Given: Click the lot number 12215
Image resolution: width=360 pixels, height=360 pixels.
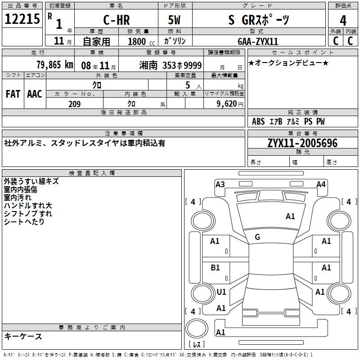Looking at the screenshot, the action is point(22,19).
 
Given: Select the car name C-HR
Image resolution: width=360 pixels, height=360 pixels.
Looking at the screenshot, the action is point(117,20).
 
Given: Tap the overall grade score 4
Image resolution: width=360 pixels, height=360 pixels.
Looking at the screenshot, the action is point(343,21).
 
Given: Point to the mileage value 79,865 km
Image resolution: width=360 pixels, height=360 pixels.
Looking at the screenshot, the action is point(55,65).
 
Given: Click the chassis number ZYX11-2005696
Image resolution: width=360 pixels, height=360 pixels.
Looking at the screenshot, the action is point(302,143).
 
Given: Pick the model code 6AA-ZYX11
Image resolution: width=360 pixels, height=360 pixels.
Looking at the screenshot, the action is point(258,41).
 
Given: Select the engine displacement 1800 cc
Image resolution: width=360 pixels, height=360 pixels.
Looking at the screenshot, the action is point(141,41).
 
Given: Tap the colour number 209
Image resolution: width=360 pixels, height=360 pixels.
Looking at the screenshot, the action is point(74,104).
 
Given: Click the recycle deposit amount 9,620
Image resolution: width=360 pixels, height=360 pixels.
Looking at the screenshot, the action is point(227,104).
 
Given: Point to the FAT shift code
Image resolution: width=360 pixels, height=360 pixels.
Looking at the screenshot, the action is point(13,94).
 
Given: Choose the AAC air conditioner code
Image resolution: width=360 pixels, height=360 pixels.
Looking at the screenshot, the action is point(35,94).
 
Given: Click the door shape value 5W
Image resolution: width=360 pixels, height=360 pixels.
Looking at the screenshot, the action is point(174,20).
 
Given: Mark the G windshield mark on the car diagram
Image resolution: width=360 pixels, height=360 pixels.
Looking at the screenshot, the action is point(257,237).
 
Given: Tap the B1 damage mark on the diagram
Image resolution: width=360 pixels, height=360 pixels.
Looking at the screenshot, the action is point(215,267).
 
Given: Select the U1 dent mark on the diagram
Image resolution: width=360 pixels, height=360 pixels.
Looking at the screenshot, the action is point(221,292).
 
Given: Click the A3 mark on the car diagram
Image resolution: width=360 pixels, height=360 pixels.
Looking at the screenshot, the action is point(220,184).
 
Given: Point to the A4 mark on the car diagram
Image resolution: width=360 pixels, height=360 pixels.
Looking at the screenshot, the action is point(321,184).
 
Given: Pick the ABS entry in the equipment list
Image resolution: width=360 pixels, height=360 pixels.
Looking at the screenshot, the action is point(258,121).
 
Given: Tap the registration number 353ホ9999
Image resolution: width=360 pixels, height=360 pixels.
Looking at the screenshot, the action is point(182,65).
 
